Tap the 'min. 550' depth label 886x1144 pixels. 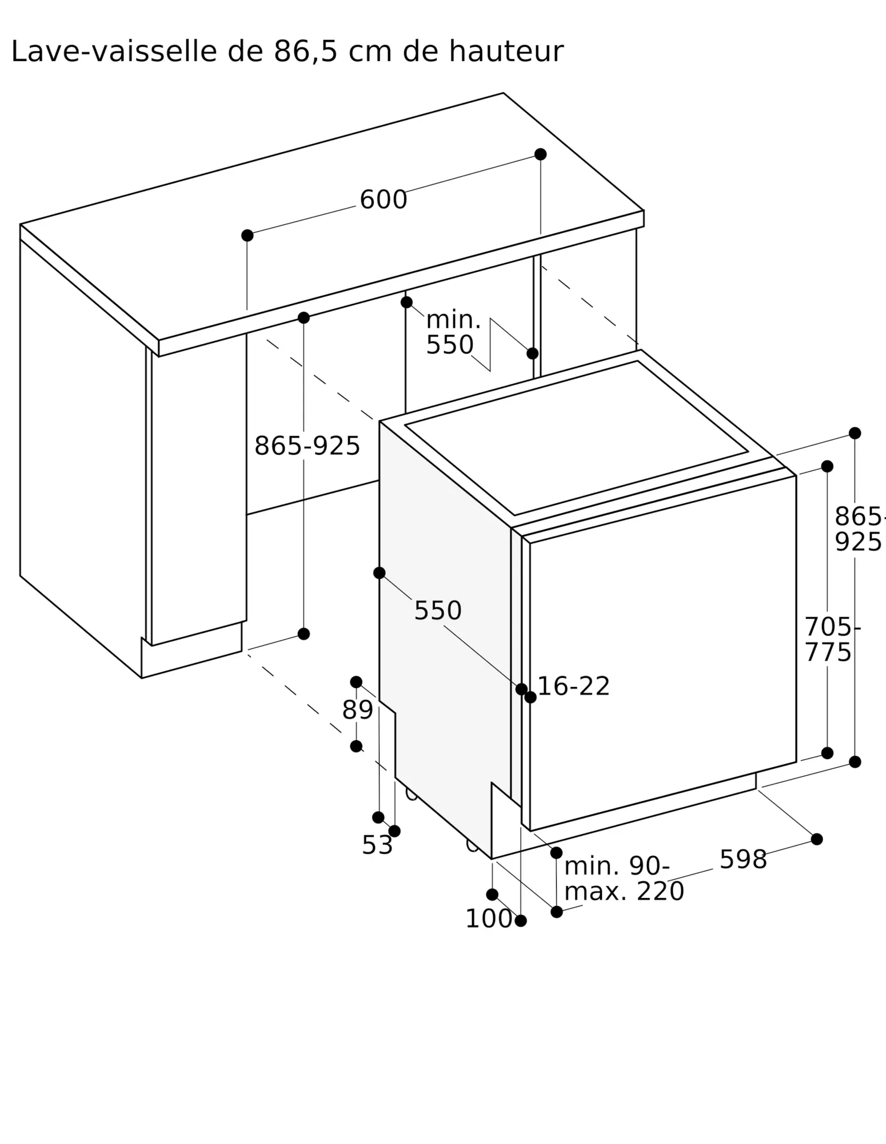coord(452,332)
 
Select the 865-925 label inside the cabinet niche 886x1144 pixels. coord(307,446)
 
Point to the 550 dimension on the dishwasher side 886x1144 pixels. coord(437,611)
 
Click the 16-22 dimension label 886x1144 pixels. coord(573,686)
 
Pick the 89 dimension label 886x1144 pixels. coord(357,710)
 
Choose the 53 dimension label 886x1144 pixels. coord(377,845)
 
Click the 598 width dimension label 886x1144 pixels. coord(743,860)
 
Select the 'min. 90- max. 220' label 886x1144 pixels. coord(623,879)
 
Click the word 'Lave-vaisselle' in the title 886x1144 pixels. coord(114,52)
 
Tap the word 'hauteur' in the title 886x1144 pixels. coord(505,52)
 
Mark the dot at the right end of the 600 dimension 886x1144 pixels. coord(540,154)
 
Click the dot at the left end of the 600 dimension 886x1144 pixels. coord(247,236)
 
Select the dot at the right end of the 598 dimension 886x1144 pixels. coord(817,839)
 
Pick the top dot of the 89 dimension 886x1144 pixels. coord(356,682)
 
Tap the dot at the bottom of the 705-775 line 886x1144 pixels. coord(827,753)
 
